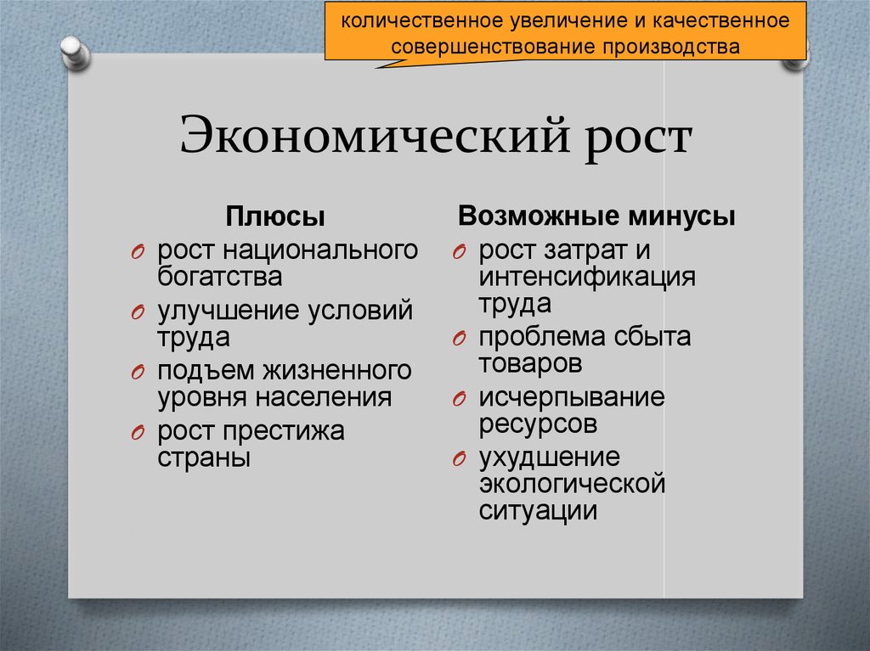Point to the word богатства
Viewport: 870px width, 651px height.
pos(219,276)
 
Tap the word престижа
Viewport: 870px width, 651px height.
pos(287,431)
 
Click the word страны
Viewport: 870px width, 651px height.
pos(203,457)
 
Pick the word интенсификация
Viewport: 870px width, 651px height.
pos(587,277)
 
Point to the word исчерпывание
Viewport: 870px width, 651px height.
pos(571,397)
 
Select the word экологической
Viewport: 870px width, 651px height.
pos(571,485)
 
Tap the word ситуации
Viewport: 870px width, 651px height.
pos(538,511)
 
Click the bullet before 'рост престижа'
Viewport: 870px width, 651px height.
pos(138,433)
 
